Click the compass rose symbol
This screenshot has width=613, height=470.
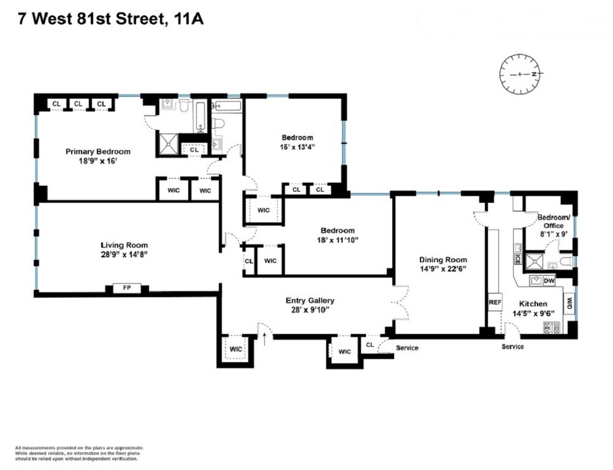pyautogui.click(x=522, y=74)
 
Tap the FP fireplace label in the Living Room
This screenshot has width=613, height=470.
pyautogui.click(x=127, y=287)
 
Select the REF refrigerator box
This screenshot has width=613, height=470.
pyautogui.click(x=495, y=302)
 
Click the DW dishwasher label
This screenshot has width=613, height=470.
pyautogui.click(x=549, y=281)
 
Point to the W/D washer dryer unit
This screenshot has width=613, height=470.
pyautogui.click(x=569, y=303)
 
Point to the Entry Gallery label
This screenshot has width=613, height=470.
pyautogui.click(x=310, y=300)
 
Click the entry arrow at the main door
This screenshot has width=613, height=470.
pyautogui.click(x=264, y=339)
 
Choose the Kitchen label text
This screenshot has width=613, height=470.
pyautogui.click(x=533, y=304)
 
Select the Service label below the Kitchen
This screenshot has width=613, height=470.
pyautogui.click(x=512, y=347)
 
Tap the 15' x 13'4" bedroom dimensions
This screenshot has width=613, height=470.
pyautogui.click(x=297, y=147)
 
